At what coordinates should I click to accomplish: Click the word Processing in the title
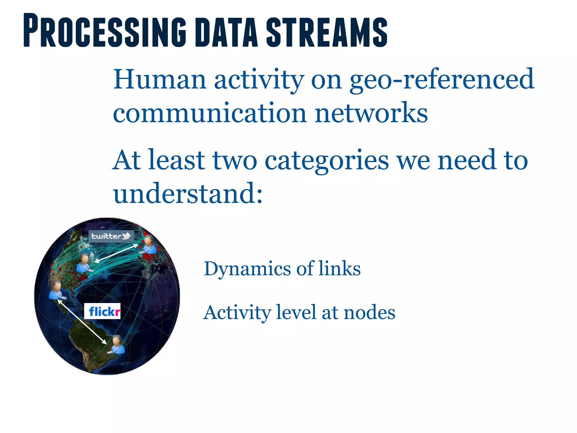tap(104, 30)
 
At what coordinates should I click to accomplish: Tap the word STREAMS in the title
tap(327, 32)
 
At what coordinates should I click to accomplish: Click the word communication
tap(210, 113)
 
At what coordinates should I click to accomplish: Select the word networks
tap(371, 113)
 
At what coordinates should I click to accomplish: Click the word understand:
tap(188, 193)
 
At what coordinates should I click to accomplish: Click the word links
tap(339, 268)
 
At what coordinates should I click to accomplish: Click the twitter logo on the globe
tap(111, 236)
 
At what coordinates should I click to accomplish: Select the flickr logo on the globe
tap(103, 312)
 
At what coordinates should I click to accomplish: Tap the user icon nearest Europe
tap(148, 245)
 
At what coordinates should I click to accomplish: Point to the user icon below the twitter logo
tap(84, 263)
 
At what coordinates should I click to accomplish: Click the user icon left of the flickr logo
tap(56, 290)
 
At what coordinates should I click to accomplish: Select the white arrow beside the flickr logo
tap(82, 322)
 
